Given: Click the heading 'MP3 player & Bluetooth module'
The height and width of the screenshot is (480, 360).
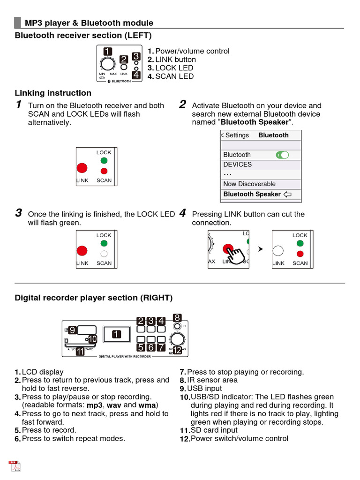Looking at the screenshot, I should [x=89, y=23].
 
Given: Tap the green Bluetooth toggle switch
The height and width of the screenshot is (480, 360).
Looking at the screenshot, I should [x=282, y=155].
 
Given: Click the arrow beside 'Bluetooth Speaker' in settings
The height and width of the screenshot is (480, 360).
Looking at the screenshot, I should [x=288, y=194].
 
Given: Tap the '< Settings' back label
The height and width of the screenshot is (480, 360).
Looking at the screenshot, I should [x=235, y=135].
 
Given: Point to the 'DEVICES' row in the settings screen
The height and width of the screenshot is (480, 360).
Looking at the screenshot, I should [x=238, y=165].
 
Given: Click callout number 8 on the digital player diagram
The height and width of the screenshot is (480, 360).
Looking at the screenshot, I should [x=177, y=317].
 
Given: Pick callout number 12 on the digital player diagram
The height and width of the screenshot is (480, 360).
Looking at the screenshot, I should [x=177, y=350].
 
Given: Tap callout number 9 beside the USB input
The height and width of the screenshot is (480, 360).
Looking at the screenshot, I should [x=72, y=330].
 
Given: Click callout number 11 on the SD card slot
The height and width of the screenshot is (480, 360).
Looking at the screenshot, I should [x=80, y=351].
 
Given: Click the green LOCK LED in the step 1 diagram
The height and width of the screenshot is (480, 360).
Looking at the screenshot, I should [x=104, y=161].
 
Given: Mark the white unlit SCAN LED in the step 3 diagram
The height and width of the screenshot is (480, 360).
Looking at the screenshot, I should [x=104, y=254].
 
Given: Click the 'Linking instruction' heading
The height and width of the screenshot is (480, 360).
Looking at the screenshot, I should [x=53, y=93].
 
